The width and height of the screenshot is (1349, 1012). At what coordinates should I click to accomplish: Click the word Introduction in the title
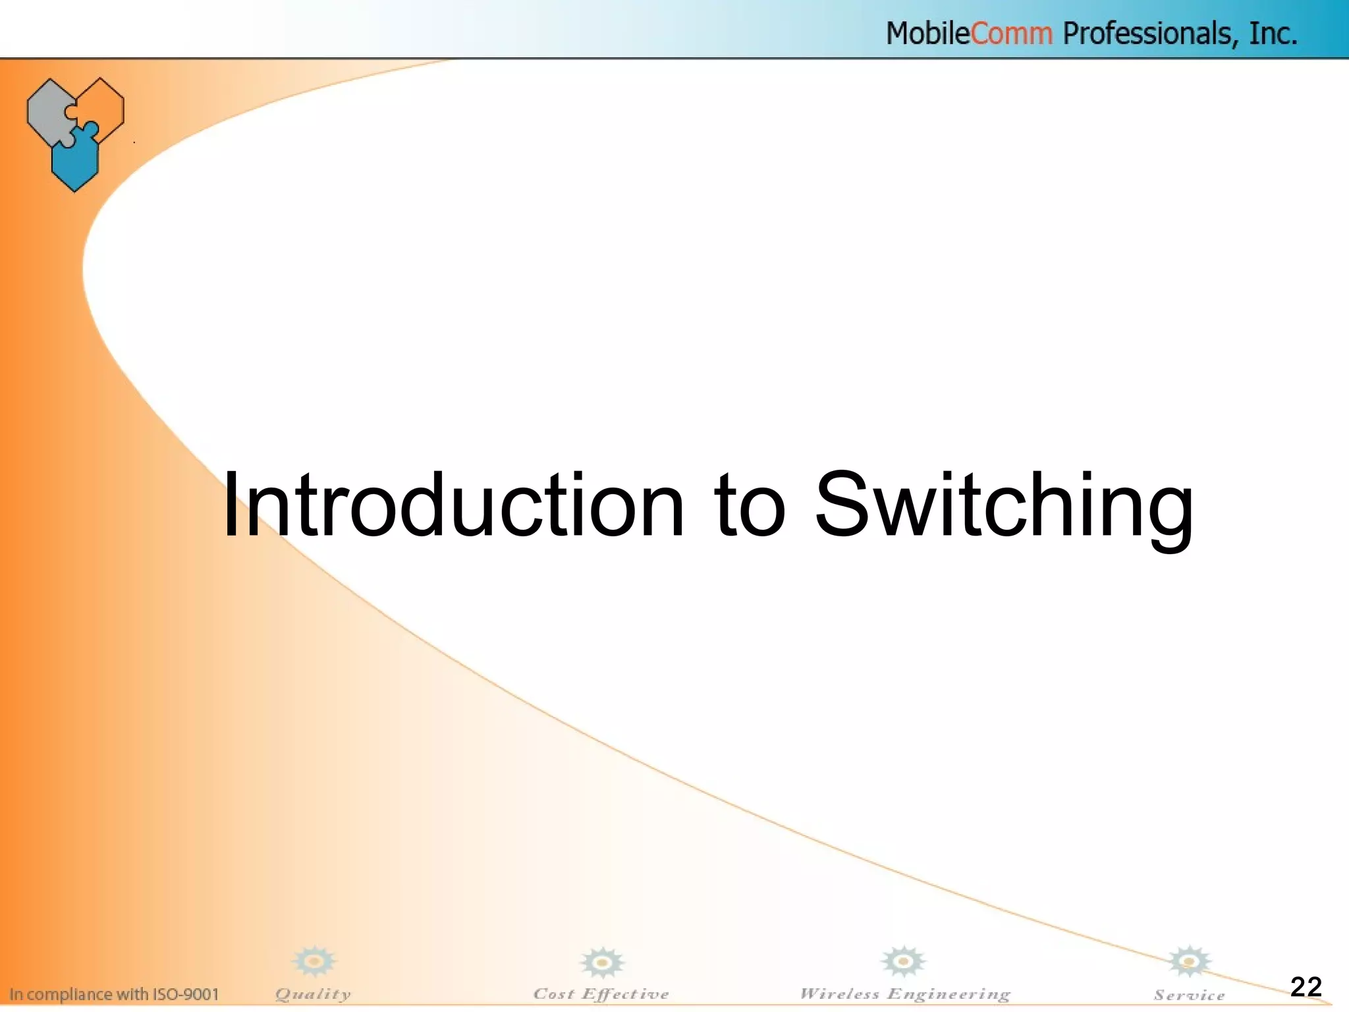pos(453,506)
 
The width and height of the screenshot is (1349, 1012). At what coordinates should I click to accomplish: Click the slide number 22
pos(1306,986)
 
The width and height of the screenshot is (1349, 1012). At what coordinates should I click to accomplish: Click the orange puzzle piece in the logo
pos(102,105)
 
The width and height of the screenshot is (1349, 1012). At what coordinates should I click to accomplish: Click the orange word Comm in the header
pos(1012,34)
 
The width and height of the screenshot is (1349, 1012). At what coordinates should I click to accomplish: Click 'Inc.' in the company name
pos(1274,34)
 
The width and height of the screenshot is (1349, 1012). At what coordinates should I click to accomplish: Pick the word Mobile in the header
pos(927,34)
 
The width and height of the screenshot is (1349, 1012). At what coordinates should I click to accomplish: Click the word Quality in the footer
pos(313,994)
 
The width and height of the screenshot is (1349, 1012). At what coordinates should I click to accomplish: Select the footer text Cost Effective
pos(601,994)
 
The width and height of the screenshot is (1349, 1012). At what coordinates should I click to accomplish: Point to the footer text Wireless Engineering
pos(904,994)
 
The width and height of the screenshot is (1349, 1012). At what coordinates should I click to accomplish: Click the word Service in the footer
pos(1189,996)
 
